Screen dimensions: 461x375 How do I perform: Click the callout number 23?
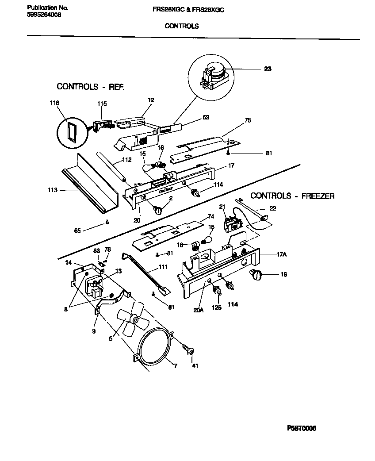point(268,69)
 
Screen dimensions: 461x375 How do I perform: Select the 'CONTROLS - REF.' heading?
point(90,87)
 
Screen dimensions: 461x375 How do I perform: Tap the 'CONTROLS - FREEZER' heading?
point(292,196)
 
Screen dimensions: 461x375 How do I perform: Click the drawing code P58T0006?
point(302,428)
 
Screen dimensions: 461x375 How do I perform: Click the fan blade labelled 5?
point(130,319)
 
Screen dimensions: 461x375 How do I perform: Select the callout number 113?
point(52,190)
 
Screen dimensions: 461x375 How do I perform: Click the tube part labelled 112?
point(111,166)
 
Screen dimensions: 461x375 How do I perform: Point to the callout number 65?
point(77,230)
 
